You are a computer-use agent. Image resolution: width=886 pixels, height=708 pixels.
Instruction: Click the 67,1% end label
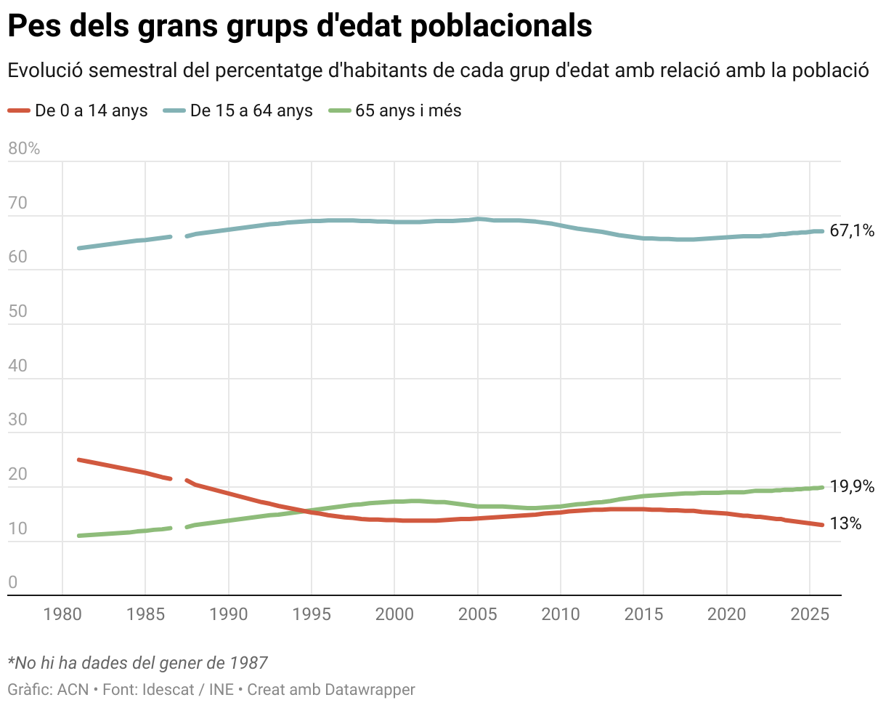(851, 231)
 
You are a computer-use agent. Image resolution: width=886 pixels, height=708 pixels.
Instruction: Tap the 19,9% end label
(851, 487)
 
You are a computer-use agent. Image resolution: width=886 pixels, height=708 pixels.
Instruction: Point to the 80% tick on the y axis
(23, 149)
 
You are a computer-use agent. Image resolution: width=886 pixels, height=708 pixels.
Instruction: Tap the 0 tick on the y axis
(12, 582)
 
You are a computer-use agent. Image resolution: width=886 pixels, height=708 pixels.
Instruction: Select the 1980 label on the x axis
(62, 614)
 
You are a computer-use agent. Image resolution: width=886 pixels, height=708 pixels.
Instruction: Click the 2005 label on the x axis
(478, 614)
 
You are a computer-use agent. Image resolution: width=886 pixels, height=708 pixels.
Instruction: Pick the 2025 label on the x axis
(810, 614)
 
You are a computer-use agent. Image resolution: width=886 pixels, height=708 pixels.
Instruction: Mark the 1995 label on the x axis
(312, 614)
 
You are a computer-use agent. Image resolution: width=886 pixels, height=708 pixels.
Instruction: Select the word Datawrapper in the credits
(370, 688)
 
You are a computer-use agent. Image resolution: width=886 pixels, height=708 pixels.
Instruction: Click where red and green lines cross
(309, 511)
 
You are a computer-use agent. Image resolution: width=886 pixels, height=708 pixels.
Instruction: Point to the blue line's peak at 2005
(478, 218)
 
